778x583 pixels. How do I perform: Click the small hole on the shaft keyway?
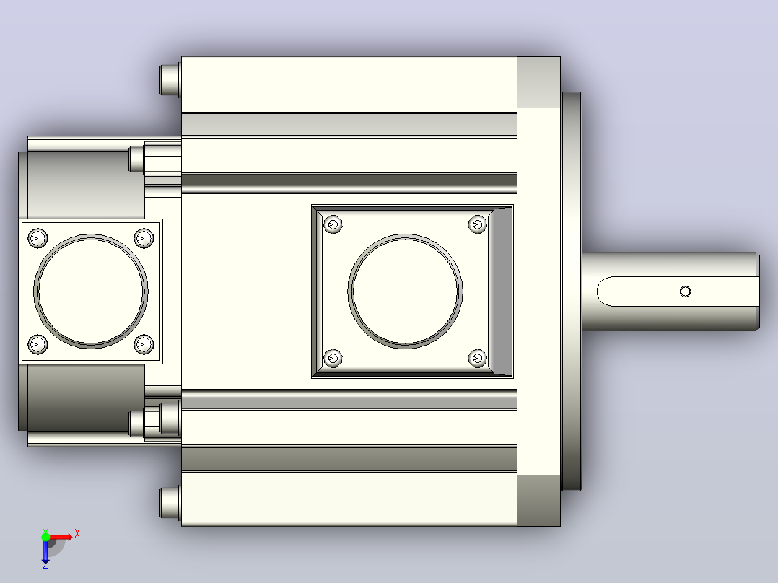(x=685, y=291)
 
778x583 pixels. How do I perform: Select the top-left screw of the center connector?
(x=333, y=225)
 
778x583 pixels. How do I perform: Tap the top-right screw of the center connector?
(x=477, y=225)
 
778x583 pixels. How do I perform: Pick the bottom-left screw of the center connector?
(x=333, y=358)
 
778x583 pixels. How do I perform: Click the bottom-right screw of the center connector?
(x=477, y=358)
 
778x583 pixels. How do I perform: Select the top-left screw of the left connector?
(x=38, y=238)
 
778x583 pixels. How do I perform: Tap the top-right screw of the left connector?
(x=144, y=238)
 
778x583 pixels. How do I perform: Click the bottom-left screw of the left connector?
(x=38, y=344)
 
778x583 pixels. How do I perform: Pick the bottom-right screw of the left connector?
(x=144, y=344)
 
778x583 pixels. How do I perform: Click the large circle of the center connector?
(x=405, y=234)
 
